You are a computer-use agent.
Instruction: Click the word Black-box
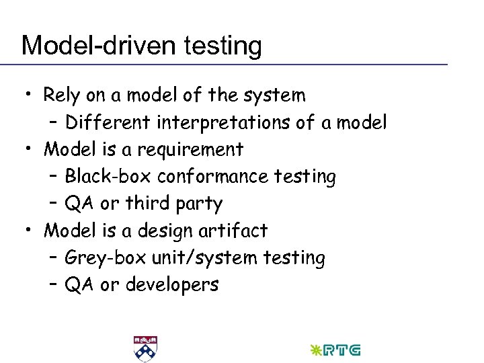[108, 176]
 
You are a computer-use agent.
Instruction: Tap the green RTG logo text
[344, 350]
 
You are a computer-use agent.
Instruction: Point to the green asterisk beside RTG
[315, 350]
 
